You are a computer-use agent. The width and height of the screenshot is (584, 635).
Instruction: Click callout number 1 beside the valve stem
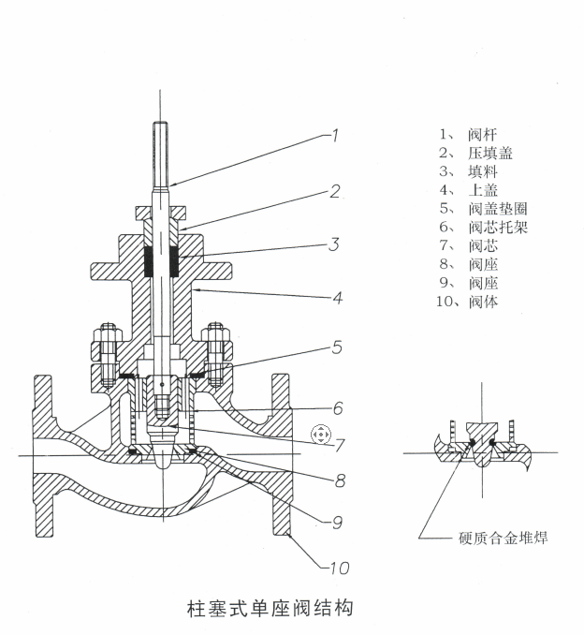[335, 135]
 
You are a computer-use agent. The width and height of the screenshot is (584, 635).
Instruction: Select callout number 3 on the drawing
[334, 244]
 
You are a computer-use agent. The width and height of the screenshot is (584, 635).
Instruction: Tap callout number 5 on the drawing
[337, 347]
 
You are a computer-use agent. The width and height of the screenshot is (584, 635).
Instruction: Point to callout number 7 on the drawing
[339, 445]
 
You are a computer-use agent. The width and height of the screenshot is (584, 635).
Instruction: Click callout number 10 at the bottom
[339, 568]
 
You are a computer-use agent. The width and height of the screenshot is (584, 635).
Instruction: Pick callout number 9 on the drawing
[337, 523]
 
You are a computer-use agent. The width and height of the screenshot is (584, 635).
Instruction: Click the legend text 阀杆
[482, 134]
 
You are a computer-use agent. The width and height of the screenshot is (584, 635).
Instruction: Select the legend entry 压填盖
[490, 153]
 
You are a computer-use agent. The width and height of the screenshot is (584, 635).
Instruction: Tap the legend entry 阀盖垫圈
[498, 209]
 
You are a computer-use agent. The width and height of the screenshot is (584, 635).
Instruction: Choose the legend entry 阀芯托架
[498, 227]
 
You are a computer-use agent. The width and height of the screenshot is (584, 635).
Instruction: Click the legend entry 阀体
[483, 302]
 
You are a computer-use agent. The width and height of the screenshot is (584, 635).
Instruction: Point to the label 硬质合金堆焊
[504, 538]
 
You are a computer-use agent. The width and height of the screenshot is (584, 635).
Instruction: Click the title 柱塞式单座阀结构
[270, 608]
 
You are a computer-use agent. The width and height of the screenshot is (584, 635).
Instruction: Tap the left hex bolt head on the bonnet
[106, 332]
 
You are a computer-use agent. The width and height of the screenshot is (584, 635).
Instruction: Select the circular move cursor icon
[321, 435]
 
